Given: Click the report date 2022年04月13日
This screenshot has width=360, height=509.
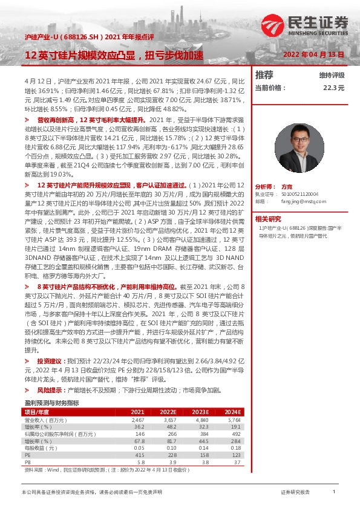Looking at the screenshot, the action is [313, 54].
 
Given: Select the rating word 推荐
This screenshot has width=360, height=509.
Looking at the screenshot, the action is [264, 75].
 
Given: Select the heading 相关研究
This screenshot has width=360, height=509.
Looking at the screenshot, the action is [268, 219].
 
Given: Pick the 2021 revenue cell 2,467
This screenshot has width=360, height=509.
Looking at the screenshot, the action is [139, 418].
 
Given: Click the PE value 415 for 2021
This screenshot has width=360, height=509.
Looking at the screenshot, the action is [140, 455].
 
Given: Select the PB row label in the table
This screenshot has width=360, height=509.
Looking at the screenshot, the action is [27, 462].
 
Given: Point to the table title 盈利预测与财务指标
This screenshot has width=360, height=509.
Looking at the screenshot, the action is [51, 402].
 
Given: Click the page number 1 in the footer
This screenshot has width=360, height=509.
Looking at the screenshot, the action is [333, 493].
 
